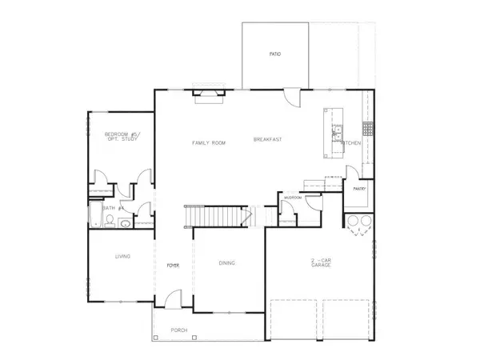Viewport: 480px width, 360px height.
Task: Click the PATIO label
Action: tap(275, 54)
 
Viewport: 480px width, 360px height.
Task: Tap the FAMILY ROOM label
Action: tap(209, 142)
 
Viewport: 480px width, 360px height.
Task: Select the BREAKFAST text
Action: tap(268, 139)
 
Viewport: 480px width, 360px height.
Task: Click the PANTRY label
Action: tap(359, 189)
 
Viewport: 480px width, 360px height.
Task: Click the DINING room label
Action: tap(226, 262)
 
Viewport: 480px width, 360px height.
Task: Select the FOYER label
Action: tap(171, 264)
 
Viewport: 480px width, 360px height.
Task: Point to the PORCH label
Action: tap(178, 330)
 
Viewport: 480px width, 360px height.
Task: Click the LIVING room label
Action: tap(122, 256)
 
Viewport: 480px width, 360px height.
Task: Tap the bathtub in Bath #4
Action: tap(94, 217)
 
